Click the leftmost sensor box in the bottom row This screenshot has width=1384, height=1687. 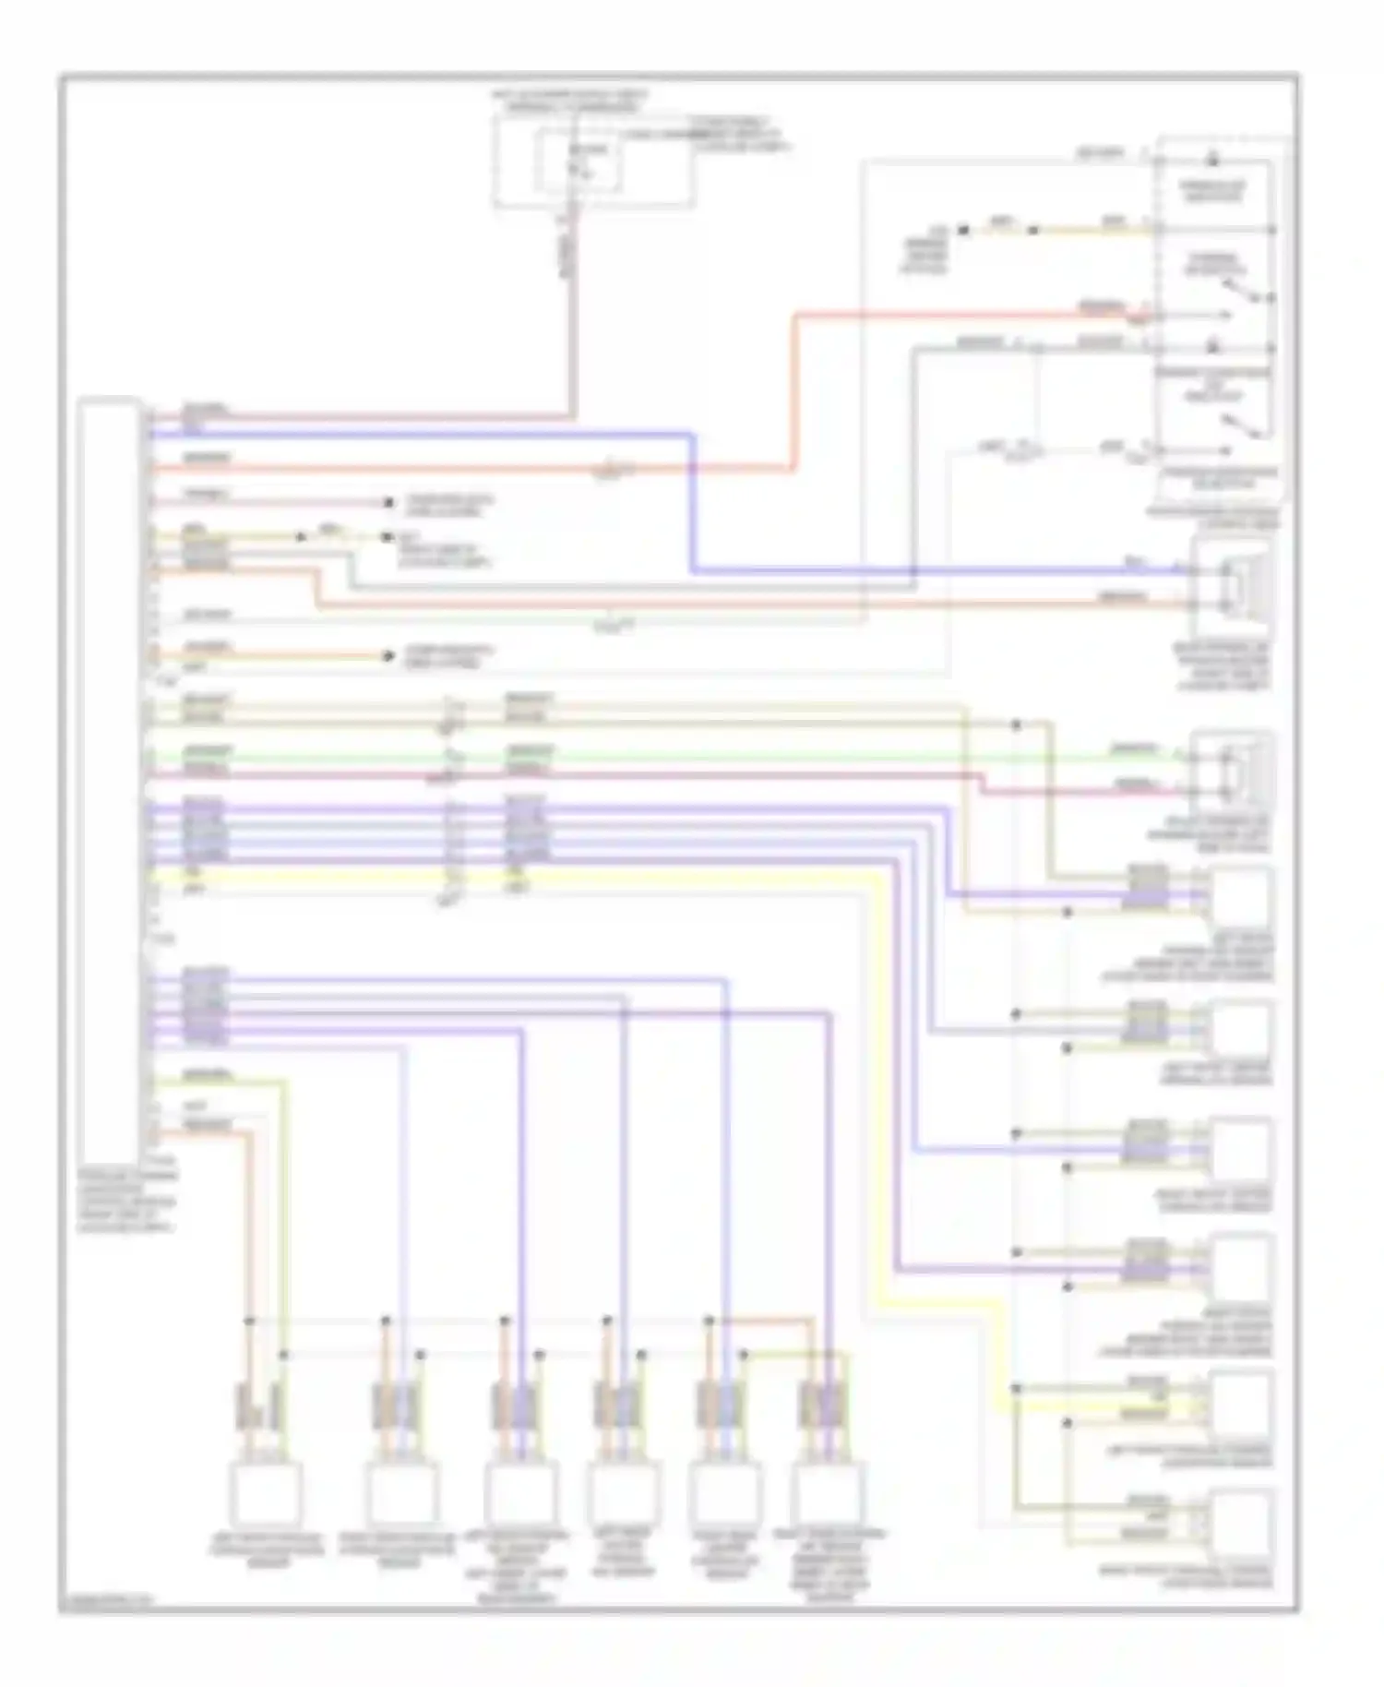(266, 1492)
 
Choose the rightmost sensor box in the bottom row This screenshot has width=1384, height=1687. (828, 1492)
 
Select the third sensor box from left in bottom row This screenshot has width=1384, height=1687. (520, 1492)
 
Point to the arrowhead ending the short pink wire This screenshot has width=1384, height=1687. (388, 503)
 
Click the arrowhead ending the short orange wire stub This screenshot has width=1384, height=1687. (388, 656)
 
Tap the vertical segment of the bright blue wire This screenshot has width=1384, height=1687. (692, 503)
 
